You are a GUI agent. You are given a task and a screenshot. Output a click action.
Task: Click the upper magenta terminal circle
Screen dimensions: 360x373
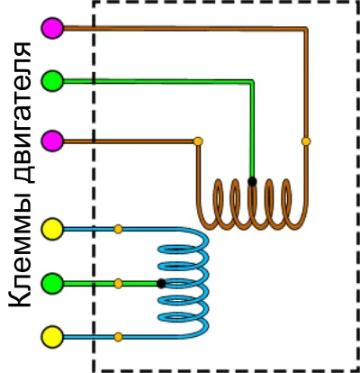(x=52, y=28)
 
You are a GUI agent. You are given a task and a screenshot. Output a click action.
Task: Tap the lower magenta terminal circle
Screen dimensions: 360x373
(x=52, y=141)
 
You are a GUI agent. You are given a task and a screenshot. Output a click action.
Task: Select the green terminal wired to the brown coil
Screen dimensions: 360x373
(x=52, y=81)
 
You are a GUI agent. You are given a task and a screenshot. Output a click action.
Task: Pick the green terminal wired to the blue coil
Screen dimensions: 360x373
(x=52, y=283)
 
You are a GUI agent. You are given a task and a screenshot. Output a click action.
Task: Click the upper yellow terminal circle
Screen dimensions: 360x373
(x=52, y=229)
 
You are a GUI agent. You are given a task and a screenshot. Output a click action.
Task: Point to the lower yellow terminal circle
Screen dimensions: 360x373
(x=52, y=337)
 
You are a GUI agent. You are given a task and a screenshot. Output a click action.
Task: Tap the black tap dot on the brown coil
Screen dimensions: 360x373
(x=252, y=181)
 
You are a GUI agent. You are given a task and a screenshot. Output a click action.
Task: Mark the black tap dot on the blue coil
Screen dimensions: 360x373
(x=161, y=284)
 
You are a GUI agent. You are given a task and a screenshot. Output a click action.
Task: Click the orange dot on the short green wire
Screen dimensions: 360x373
(x=118, y=284)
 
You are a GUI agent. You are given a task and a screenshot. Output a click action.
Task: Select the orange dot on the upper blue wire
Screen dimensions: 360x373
(x=118, y=229)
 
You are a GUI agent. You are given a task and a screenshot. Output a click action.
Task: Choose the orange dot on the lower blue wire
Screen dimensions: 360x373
(x=118, y=337)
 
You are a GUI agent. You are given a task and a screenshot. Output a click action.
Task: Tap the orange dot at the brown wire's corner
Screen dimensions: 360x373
(x=198, y=141)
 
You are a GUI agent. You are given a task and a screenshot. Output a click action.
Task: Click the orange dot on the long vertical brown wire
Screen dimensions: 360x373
(x=306, y=141)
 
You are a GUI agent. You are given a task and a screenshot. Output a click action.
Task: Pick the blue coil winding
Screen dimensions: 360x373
(x=184, y=283)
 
